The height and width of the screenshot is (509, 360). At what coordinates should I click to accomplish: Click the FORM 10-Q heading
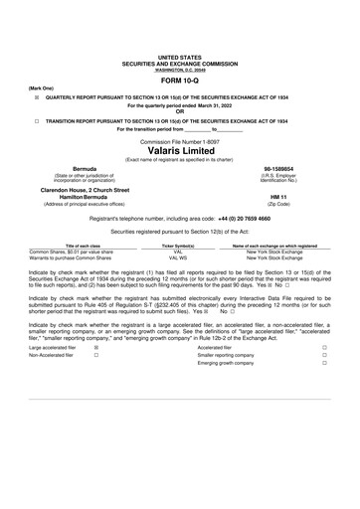(180, 83)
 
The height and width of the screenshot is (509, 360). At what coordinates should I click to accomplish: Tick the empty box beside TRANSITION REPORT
(37, 120)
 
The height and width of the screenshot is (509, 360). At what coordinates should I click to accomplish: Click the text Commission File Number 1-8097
(180, 141)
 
